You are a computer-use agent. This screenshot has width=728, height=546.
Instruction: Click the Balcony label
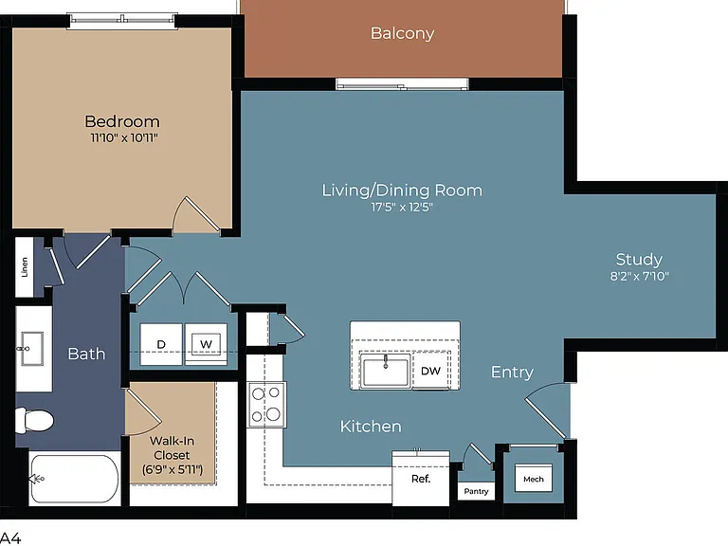coord(402,33)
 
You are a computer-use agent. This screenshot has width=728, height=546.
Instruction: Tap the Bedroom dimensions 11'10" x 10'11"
coord(124,137)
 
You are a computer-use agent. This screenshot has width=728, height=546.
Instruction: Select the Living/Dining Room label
coord(402,191)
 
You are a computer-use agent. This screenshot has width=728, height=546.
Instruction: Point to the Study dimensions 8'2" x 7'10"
coord(639,276)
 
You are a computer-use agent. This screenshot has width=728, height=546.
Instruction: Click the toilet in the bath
coord(34,421)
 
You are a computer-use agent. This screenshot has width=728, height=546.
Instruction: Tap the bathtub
coord(74,478)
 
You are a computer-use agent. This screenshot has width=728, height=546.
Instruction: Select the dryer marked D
coord(161,344)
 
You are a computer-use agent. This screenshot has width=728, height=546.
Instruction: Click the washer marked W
coord(206,344)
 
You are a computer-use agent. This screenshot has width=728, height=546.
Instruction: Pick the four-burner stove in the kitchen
coord(266,405)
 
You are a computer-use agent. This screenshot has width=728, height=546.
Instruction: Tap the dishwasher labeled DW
coord(430,371)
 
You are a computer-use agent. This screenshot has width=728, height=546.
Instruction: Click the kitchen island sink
coord(386,372)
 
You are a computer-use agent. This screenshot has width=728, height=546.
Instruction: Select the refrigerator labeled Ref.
coord(421,478)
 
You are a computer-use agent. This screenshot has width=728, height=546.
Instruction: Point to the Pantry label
coord(476,491)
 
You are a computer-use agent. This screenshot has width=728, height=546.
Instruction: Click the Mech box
coord(534,479)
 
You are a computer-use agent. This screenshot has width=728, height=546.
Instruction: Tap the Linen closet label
coord(25,267)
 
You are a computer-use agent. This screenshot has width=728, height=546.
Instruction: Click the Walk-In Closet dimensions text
coord(173,470)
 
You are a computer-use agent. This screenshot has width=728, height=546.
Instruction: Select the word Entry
coord(512,372)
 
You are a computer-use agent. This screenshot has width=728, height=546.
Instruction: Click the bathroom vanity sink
coord(32,349)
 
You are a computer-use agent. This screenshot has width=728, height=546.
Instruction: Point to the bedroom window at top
coord(122,21)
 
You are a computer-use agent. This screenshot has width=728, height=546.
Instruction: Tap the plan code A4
coord(9,538)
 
